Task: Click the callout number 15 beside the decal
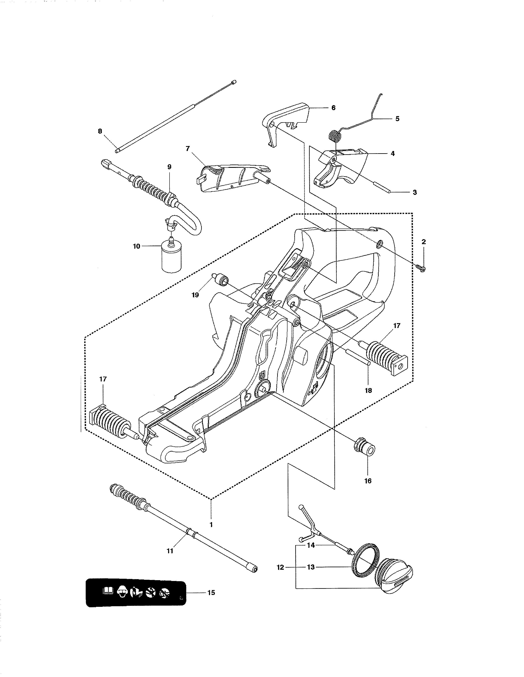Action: [x=211, y=593]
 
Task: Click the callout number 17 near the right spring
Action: [x=397, y=326]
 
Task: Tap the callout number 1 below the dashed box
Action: [x=211, y=525]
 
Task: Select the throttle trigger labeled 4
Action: [x=340, y=169]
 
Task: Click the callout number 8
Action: [x=100, y=131]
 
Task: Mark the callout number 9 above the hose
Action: [x=169, y=167]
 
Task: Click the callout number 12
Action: [x=280, y=567]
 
